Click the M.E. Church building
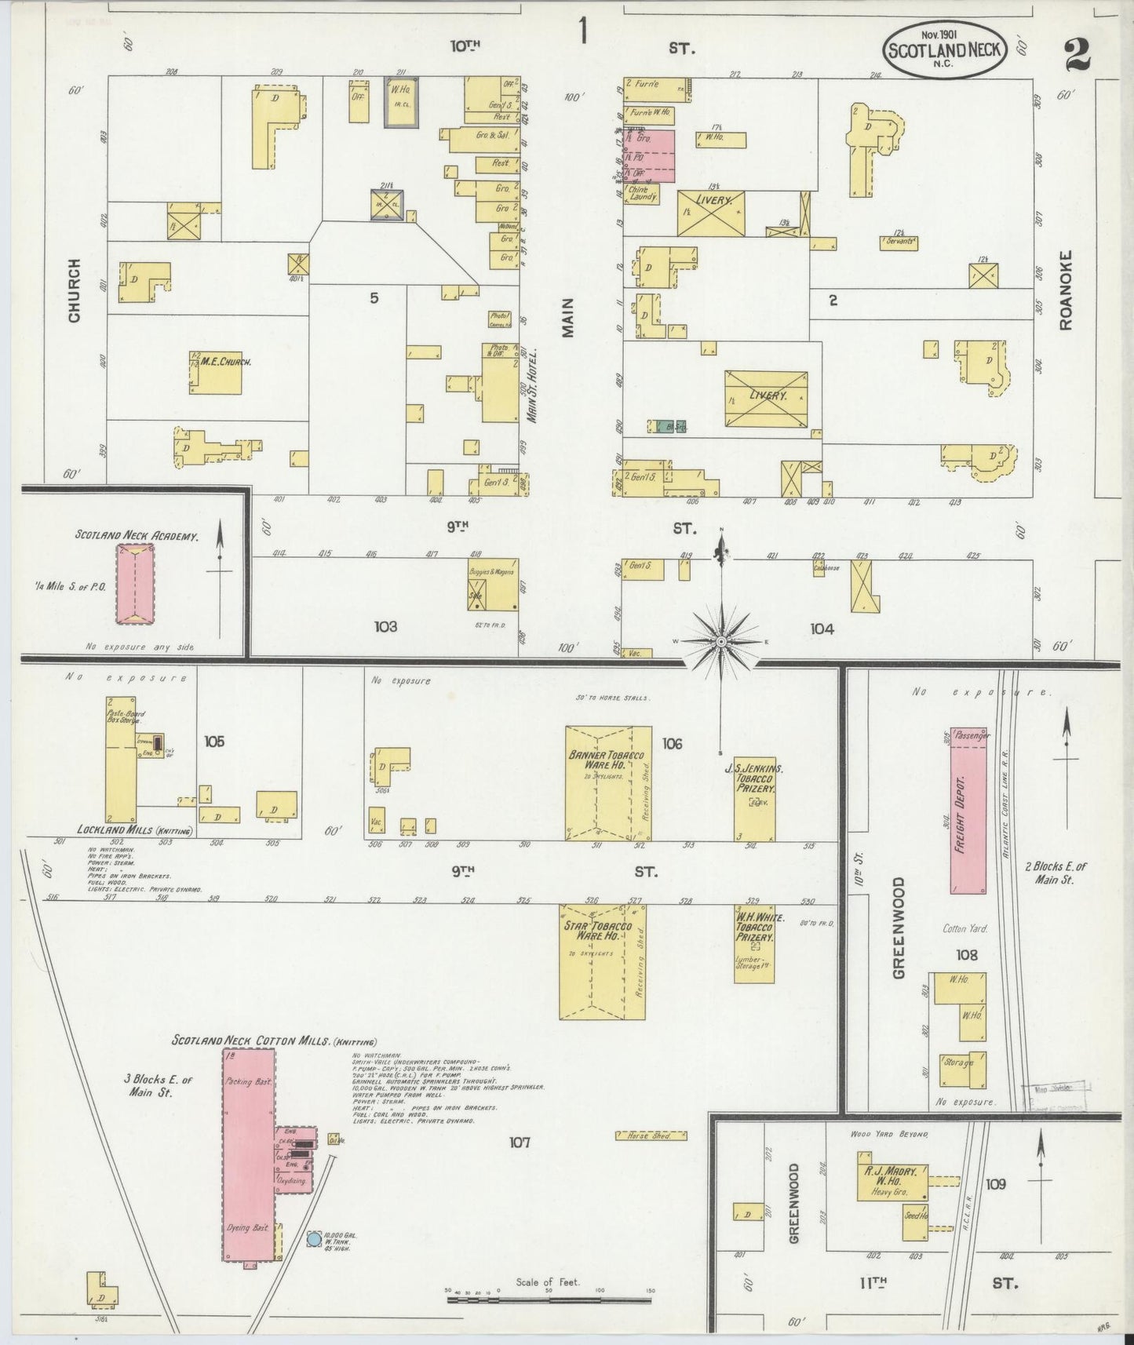point(214,372)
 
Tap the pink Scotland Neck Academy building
point(136,585)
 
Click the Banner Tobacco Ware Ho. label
point(601,761)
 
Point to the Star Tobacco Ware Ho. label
point(593,931)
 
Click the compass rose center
point(720,642)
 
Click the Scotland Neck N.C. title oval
point(945,50)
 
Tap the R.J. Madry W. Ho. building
point(892,1182)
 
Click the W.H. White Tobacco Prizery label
point(754,926)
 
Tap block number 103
point(385,626)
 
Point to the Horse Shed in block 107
point(651,1135)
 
